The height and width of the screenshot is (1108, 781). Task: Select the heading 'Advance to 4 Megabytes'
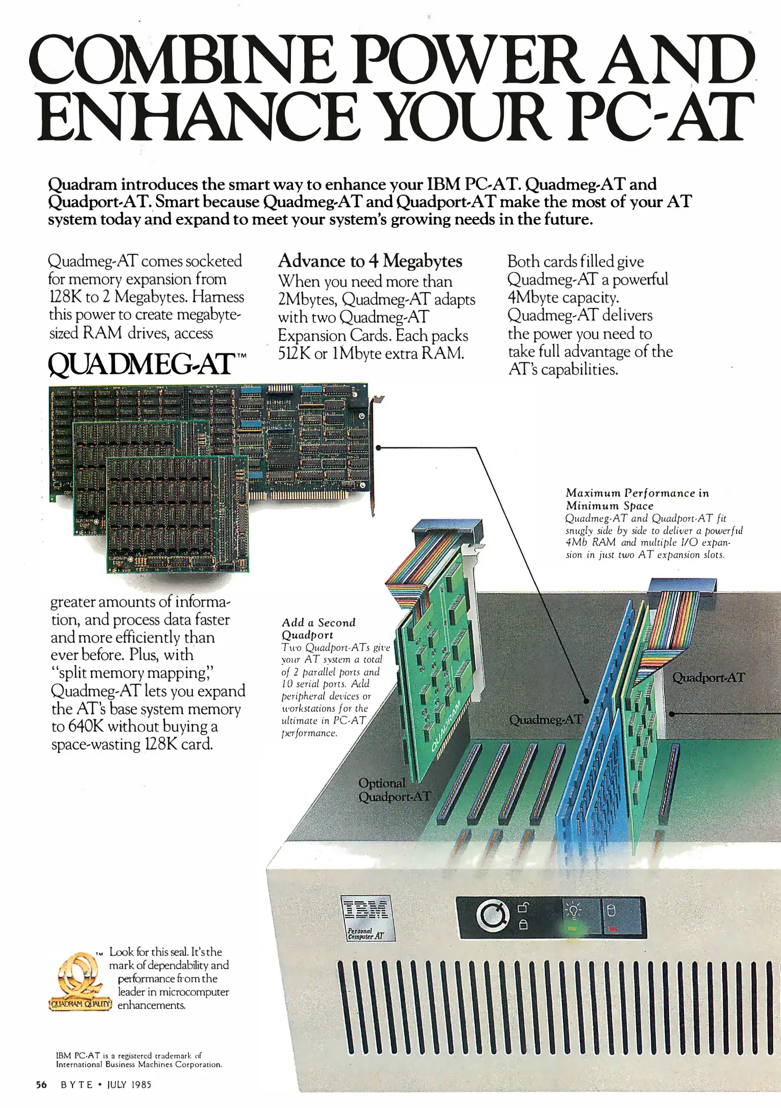[x=370, y=261]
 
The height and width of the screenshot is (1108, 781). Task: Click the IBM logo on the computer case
[x=366, y=910]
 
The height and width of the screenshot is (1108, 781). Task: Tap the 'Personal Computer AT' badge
[x=365, y=934]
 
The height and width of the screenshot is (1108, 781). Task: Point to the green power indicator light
[x=573, y=928]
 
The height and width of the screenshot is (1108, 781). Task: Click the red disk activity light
[x=612, y=928]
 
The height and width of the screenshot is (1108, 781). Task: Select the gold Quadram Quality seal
[x=80, y=981]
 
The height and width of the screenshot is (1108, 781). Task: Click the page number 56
[x=42, y=1084]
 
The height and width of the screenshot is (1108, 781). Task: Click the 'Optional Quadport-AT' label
[x=394, y=790]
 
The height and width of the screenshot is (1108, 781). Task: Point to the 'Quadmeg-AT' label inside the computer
[x=545, y=720]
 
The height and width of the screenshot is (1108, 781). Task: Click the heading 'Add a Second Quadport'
[x=319, y=628]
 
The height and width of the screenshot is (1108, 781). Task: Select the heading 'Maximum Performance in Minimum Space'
[x=637, y=499]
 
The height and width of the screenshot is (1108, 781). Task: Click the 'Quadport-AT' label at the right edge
[x=708, y=678]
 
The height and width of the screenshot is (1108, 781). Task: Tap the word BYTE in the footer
[x=77, y=1084]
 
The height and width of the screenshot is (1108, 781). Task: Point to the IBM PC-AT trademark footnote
[x=139, y=1060]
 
